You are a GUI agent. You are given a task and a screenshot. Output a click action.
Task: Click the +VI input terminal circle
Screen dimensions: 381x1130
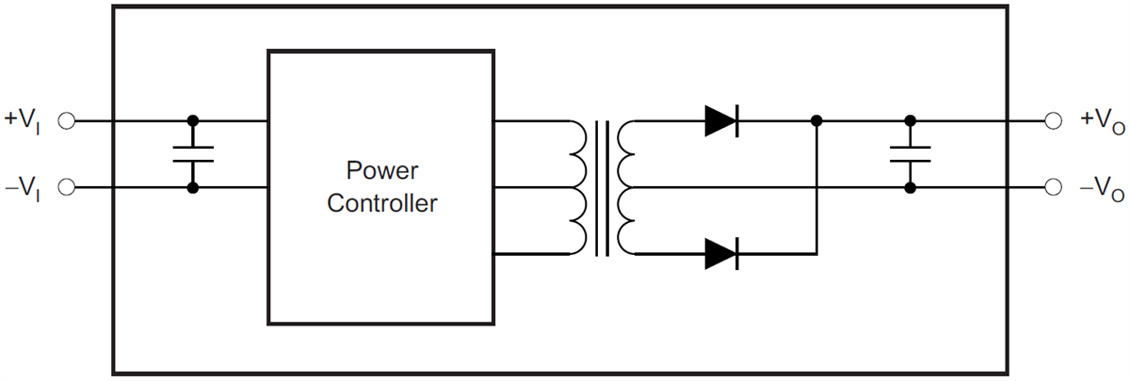tap(67, 120)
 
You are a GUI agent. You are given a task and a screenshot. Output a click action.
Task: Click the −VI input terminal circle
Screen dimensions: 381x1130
tap(67, 188)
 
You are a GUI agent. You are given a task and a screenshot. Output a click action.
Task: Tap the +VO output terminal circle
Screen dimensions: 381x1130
tap(1054, 120)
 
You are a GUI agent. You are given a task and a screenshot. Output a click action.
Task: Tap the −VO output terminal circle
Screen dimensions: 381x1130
tap(1054, 188)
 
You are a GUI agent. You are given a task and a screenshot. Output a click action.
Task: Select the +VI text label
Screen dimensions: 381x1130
tap(24, 120)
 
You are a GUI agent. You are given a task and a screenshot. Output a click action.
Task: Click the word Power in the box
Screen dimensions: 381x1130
tap(380, 171)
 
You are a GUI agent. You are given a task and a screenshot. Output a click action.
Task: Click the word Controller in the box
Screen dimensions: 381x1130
tap(381, 203)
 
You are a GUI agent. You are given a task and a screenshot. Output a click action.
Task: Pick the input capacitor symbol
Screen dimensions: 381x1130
tap(193, 154)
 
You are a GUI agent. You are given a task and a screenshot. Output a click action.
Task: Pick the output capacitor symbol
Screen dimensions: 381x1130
tap(910, 154)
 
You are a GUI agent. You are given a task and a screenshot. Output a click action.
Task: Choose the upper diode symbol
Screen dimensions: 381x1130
tap(721, 120)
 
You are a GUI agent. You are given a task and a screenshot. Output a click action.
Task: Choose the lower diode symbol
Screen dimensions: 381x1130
tap(721, 253)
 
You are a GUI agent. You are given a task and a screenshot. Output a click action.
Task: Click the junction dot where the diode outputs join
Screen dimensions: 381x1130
tap(816, 120)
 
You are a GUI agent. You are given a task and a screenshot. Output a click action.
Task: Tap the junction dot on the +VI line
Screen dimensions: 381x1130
tap(193, 120)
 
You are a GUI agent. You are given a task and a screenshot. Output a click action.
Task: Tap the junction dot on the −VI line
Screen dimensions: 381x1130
tap(193, 188)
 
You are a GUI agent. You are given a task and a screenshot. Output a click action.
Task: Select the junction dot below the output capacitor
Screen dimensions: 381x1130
tap(910, 188)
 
